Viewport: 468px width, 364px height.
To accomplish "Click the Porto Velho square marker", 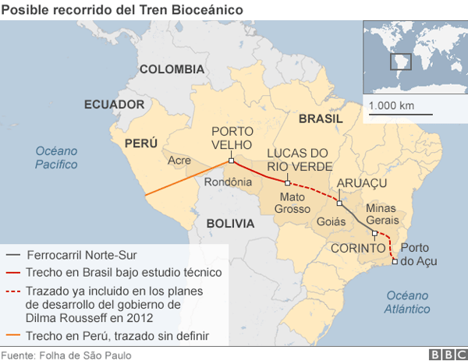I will coord(231,162).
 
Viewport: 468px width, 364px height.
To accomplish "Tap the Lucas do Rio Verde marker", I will coord(288,182).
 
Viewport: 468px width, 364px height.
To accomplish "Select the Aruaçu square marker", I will coord(339,203).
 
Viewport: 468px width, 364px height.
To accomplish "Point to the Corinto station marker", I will coord(375,233).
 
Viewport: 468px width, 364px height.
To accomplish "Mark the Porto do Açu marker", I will coord(395,261).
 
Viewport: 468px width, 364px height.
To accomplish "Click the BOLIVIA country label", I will coord(230,223).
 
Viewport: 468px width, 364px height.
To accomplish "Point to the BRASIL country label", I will coord(321,119).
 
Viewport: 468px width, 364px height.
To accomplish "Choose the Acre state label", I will coord(180,161).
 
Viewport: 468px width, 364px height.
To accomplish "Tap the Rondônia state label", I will coord(228,182).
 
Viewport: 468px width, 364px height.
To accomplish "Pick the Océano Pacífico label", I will coord(56,157).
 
